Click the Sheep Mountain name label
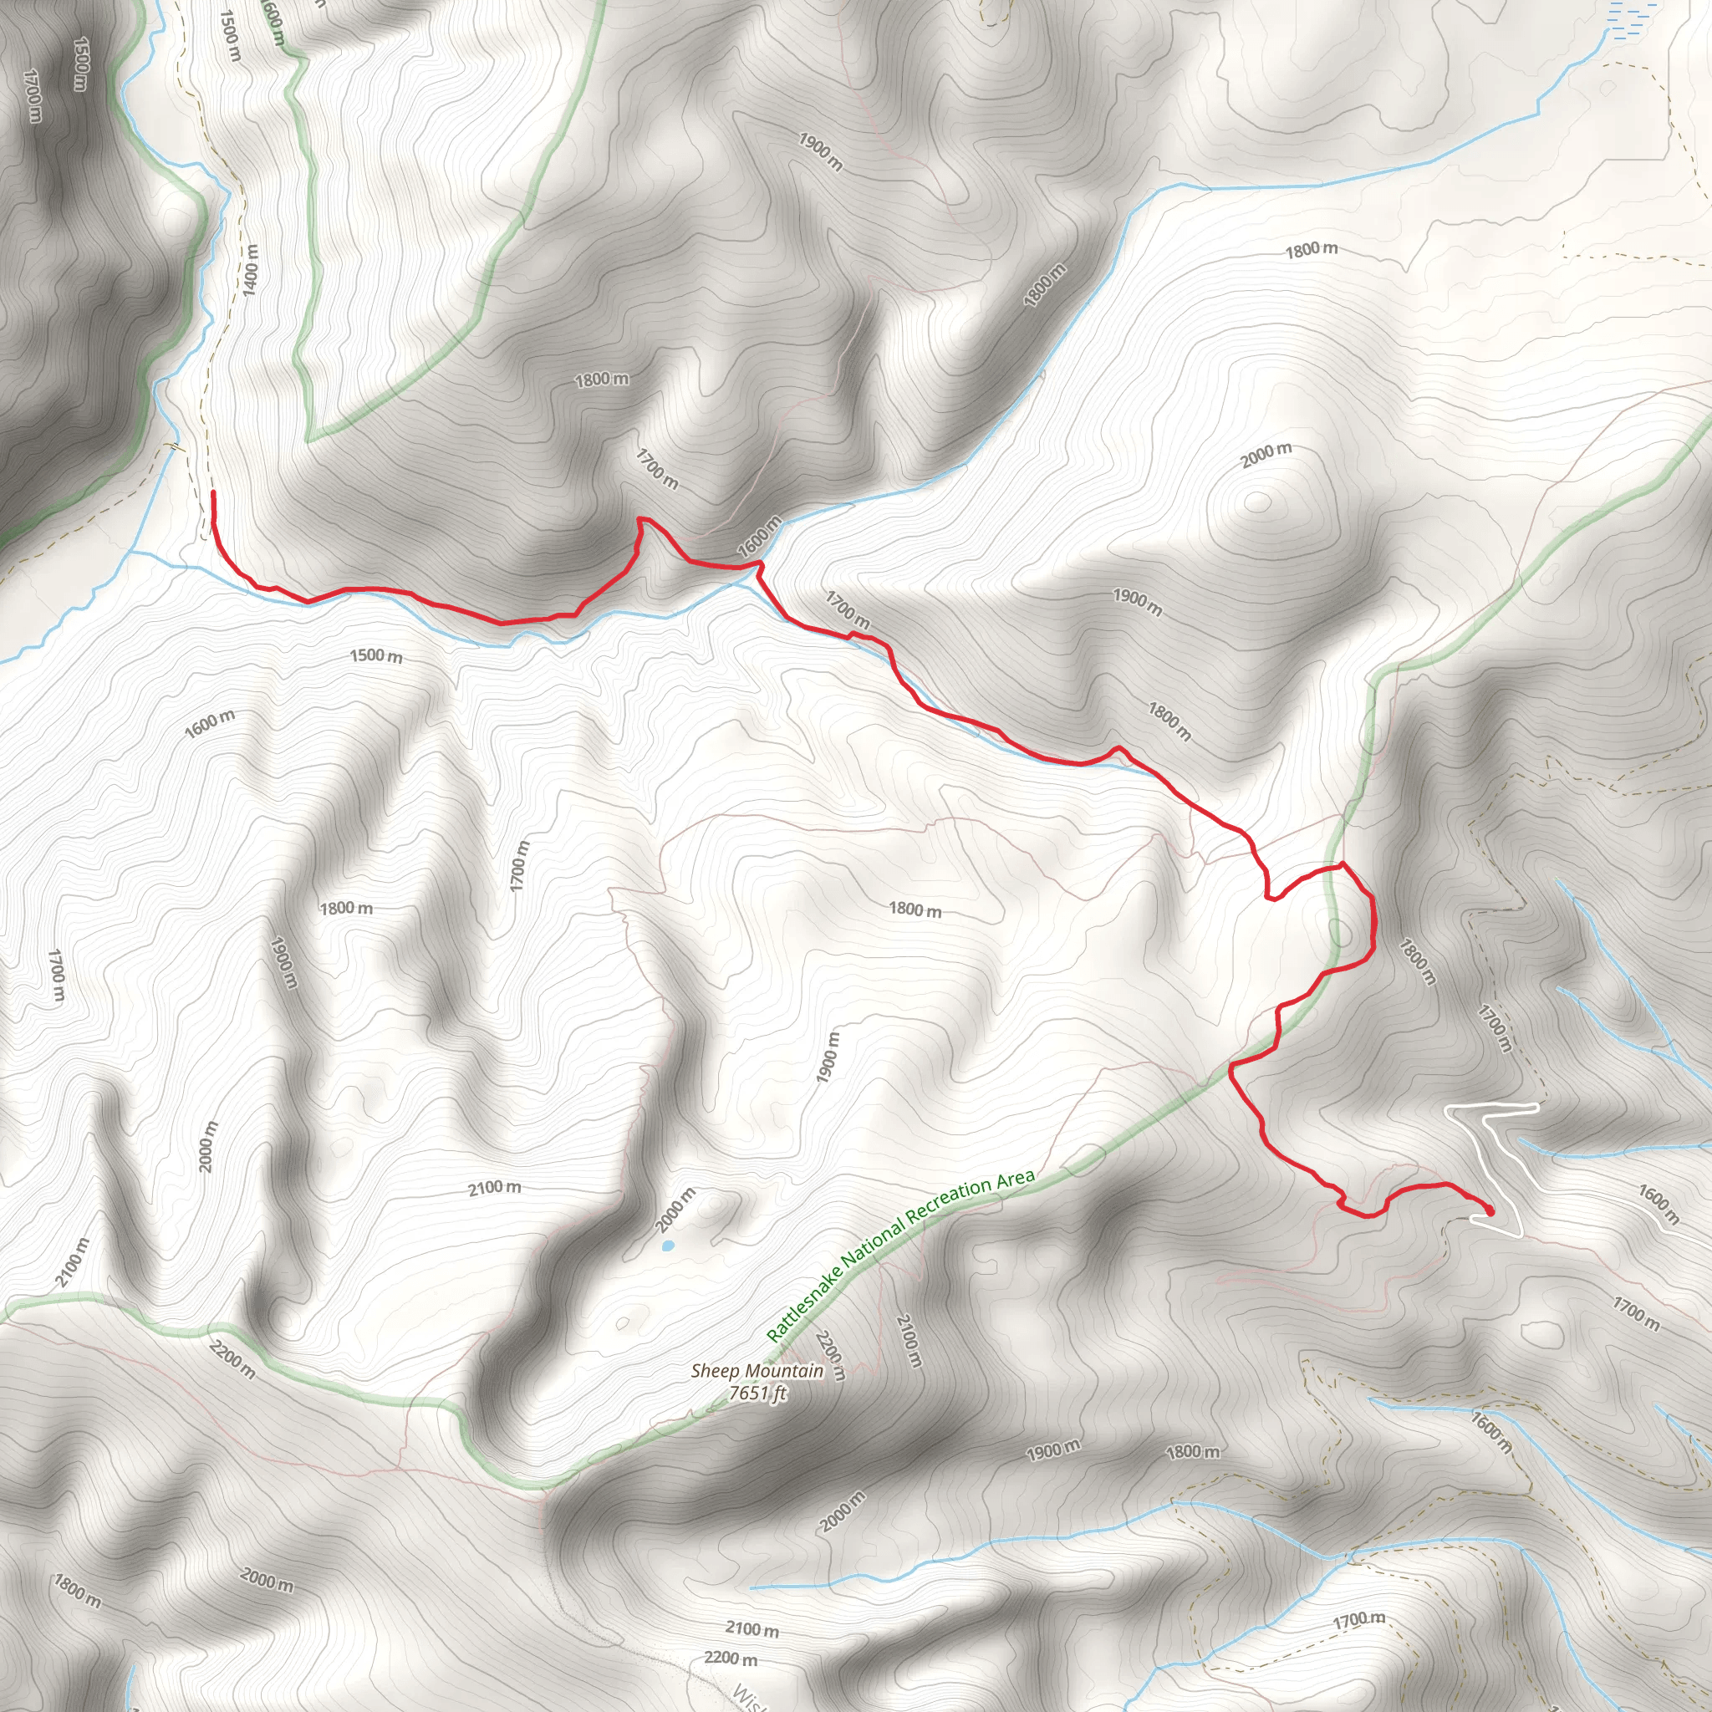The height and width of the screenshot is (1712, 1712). click(x=757, y=1371)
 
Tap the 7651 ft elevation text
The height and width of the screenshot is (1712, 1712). click(x=757, y=1394)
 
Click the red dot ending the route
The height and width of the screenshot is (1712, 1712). click(x=1490, y=1210)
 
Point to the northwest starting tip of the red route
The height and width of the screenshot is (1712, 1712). click(x=213, y=493)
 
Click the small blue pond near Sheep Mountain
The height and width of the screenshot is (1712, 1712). click(x=666, y=1245)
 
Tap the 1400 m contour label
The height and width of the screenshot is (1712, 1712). click(x=251, y=269)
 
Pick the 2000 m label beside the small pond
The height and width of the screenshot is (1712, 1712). click(x=675, y=1210)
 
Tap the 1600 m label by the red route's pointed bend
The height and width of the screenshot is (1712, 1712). click(x=759, y=536)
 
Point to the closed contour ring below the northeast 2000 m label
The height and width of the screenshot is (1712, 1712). click(x=1256, y=502)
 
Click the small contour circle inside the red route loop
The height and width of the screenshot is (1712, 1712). click(x=1340, y=933)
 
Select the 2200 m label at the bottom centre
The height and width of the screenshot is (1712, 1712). click(x=731, y=1657)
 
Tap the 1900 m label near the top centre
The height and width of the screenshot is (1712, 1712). click(x=821, y=151)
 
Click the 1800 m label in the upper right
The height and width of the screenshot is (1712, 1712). click(x=1312, y=250)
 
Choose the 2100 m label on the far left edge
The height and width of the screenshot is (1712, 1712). click(x=74, y=1261)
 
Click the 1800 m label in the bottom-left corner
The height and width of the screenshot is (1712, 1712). click(x=77, y=1591)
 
